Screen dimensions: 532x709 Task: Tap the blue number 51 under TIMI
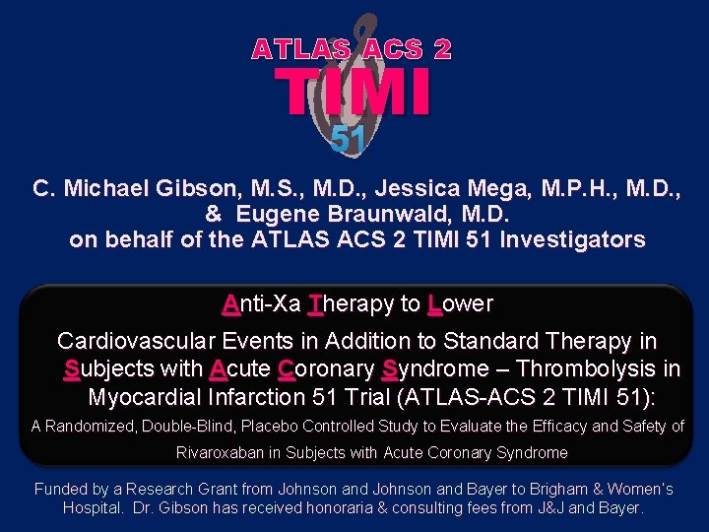[349, 140]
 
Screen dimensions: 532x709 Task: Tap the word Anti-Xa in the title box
[261, 303]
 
